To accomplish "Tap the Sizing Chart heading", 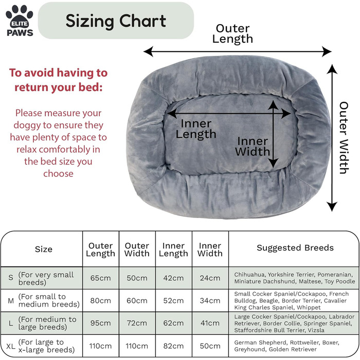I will [x=116, y=21].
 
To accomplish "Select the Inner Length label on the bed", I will [x=196, y=129].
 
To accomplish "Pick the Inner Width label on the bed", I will [x=253, y=147].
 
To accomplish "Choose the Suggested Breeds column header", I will [x=295, y=248].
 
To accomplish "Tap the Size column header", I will [x=44, y=249].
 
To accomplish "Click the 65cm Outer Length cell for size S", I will [x=101, y=278].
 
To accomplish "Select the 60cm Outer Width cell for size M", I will [x=137, y=300].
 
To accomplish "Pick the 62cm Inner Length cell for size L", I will [x=173, y=323].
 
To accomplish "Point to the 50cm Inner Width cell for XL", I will [x=210, y=346].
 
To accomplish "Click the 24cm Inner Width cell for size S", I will [x=210, y=278].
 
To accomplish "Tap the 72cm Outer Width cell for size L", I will [x=137, y=323].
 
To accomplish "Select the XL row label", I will [x=10, y=346].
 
